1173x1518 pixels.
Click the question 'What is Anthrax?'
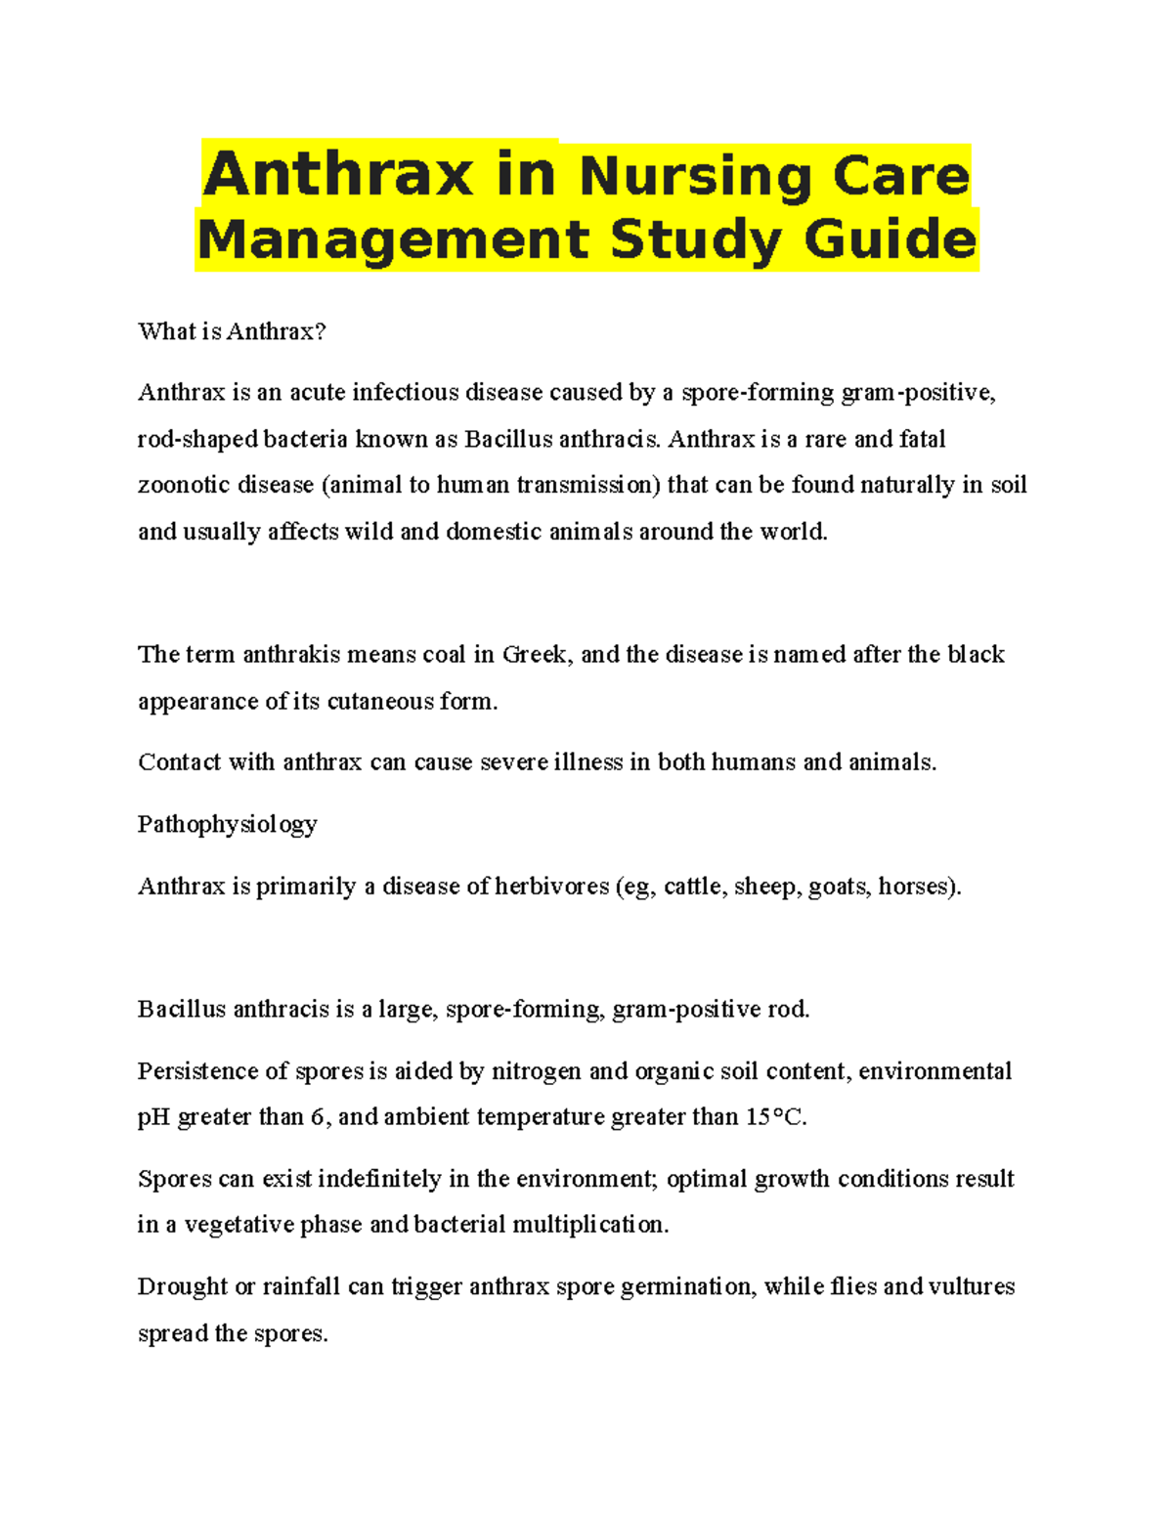(232, 331)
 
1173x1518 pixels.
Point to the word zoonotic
(182, 486)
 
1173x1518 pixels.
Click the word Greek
(534, 655)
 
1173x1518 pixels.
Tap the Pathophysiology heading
(227, 824)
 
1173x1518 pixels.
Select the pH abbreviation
(153, 1117)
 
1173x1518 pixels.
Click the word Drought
(182, 1286)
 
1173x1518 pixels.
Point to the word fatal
(922, 439)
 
